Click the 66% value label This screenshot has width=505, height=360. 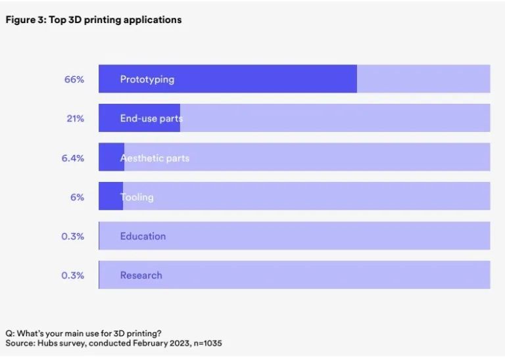[x=74, y=79]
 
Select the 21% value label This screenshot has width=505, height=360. [x=75, y=118]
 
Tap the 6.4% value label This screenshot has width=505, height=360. [x=73, y=158]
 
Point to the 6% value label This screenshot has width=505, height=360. [x=77, y=197]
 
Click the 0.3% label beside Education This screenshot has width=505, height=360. [x=73, y=236]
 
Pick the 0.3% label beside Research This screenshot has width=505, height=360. [x=73, y=275]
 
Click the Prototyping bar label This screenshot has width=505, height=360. [x=147, y=79]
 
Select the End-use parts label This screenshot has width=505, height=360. [x=151, y=118]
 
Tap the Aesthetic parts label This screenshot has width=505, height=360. [x=155, y=158]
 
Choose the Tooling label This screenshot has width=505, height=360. [x=137, y=197]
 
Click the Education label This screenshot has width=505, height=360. [x=143, y=236]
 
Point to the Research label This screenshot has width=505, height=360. [x=141, y=275]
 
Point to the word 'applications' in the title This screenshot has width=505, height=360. [x=155, y=20]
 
